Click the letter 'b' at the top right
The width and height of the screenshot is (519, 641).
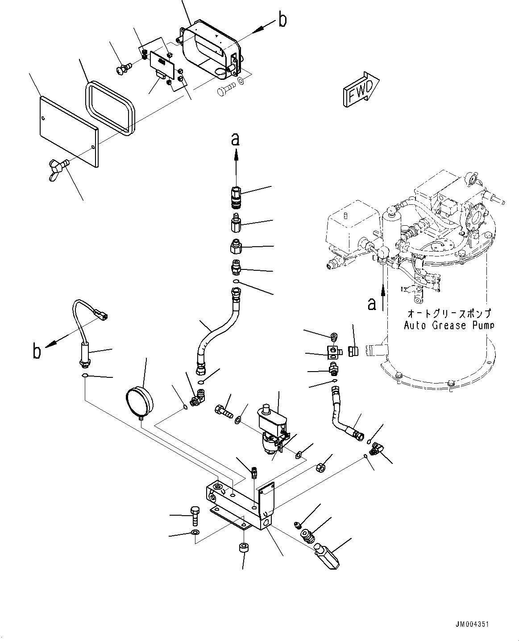click(x=282, y=21)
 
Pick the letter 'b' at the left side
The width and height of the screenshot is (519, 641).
click(x=37, y=351)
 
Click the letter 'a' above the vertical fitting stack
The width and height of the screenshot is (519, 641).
click(x=235, y=139)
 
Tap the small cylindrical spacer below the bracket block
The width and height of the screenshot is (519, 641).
click(x=243, y=548)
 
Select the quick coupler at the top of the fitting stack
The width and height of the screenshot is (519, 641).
click(x=236, y=197)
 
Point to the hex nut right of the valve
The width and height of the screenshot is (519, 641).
click(x=320, y=467)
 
